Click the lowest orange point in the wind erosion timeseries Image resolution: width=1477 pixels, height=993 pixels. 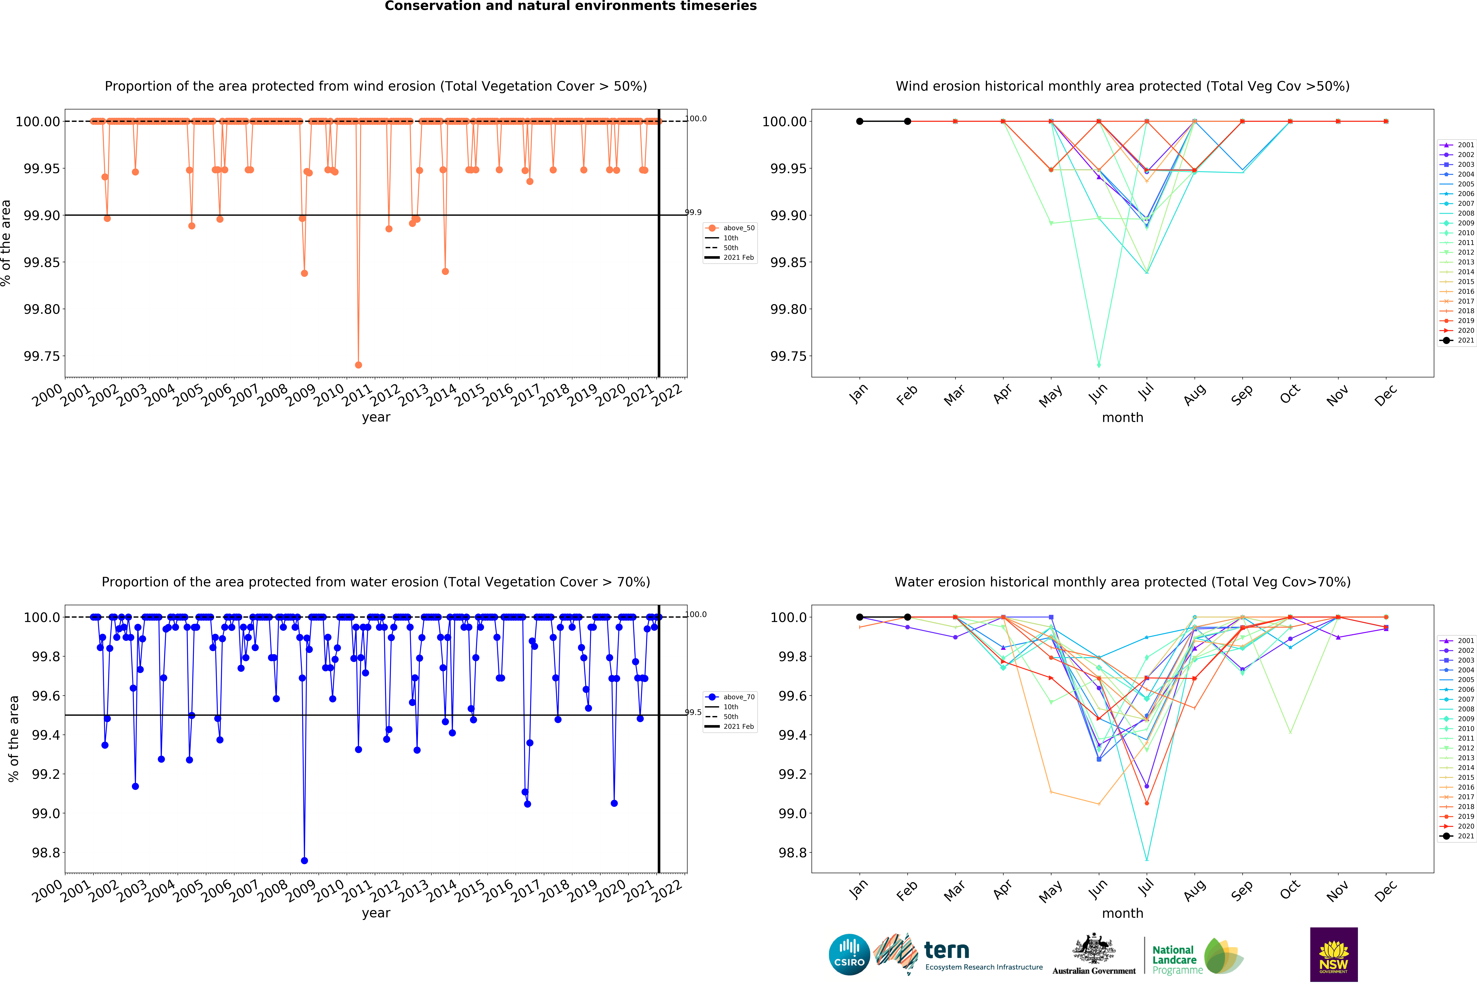[x=358, y=365]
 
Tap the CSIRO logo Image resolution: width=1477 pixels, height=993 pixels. [x=849, y=954]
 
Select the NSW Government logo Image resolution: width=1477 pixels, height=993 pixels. [x=1333, y=954]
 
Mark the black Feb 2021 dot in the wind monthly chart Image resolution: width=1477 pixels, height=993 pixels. [x=907, y=122]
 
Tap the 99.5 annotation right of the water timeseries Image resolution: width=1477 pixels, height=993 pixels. [x=693, y=712]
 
